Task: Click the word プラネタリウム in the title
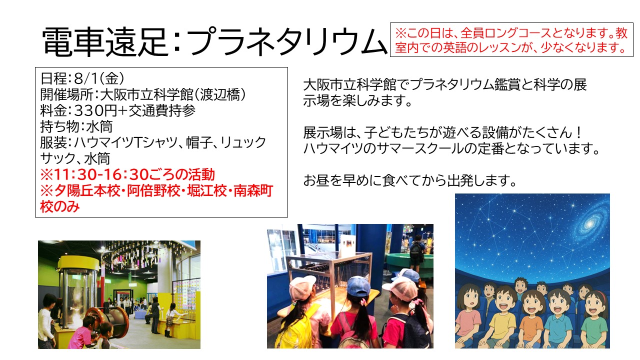(x=287, y=41)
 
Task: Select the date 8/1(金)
(x=99, y=78)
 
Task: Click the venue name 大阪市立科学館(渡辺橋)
(x=172, y=94)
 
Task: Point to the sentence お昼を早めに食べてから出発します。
(x=409, y=180)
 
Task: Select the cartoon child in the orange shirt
(x=531, y=319)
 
